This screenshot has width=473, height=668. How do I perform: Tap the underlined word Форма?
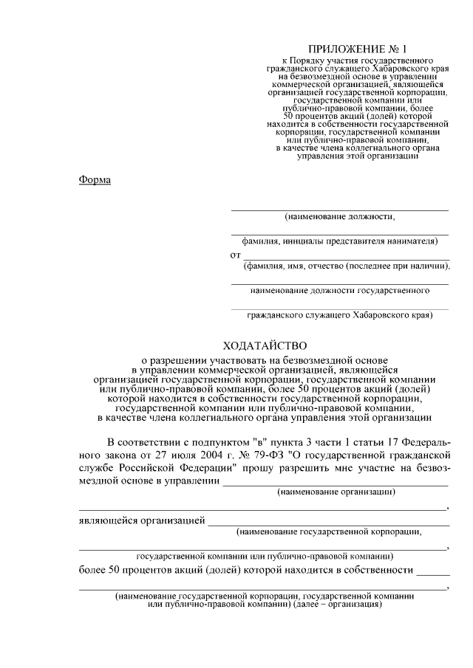tap(95, 180)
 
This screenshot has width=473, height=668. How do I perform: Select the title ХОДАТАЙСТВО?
tap(264, 345)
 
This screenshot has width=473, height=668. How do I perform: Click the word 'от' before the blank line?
tap(235, 255)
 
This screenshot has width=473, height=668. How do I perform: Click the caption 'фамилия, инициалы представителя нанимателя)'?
tap(339, 241)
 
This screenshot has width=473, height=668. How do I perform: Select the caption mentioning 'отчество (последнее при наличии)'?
tap(347, 266)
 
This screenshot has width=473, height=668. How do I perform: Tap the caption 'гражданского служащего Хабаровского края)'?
tap(339, 315)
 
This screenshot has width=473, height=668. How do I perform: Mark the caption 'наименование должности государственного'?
tap(339, 291)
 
